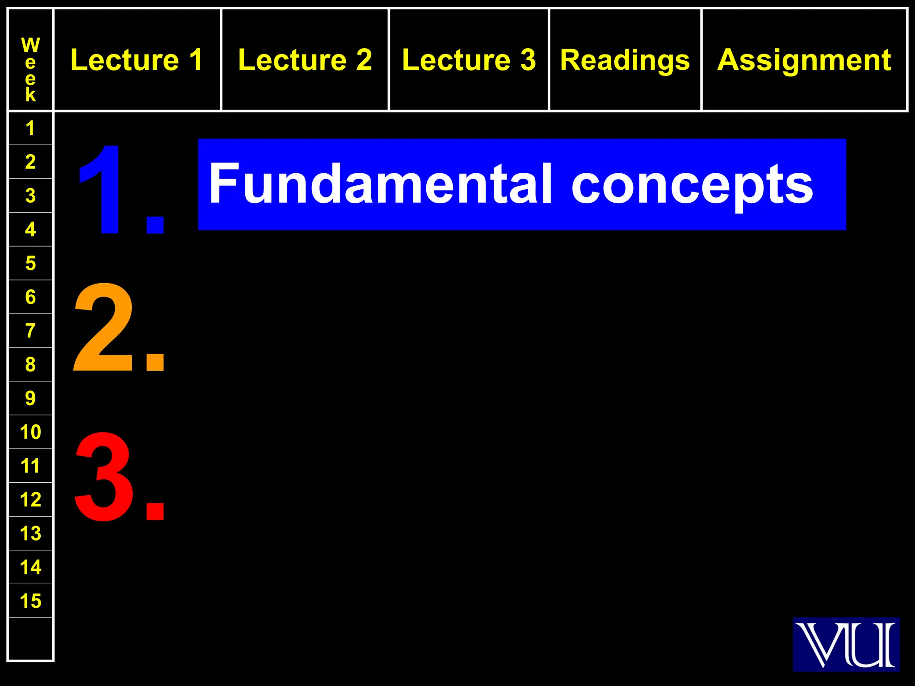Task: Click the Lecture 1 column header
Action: (x=137, y=60)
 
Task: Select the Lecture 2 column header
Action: (x=305, y=60)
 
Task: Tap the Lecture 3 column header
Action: (x=469, y=60)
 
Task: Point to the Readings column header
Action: (x=625, y=60)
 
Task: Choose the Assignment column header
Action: (x=804, y=60)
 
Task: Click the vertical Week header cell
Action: (x=30, y=70)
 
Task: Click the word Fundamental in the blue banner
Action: (x=380, y=184)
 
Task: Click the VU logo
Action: (x=846, y=644)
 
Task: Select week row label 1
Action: (x=30, y=129)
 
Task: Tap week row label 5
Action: (x=30, y=264)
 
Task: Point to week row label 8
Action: (x=30, y=364)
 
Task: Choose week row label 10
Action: (x=30, y=432)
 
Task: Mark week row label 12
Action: (x=30, y=499)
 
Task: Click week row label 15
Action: (x=30, y=601)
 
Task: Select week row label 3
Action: (x=30, y=196)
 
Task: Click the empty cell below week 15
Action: (x=30, y=639)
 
